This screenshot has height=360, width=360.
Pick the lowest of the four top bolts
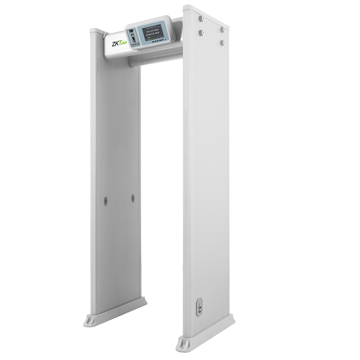[222, 42]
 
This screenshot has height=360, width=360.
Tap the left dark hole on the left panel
[104, 202]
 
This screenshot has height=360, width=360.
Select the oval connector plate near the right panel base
[199, 309]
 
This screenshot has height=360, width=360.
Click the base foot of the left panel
[115, 312]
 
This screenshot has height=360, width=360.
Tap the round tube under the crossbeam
[155, 60]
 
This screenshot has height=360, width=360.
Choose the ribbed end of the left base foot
[89, 319]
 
